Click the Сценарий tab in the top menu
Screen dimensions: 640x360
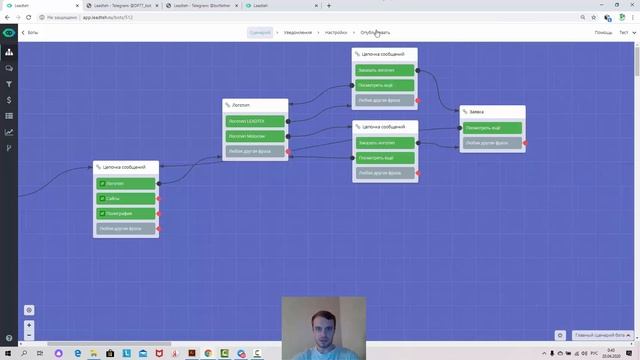tap(260, 32)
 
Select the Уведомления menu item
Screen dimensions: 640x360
tap(296, 32)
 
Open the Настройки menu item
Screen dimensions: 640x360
tap(335, 32)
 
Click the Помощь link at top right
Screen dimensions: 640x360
tap(603, 32)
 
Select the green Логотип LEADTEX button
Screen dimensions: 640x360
tap(255, 121)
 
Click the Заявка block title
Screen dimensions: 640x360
tap(492, 111)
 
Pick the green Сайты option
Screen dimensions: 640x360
tap(127, 198)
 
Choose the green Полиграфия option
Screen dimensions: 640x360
tap(127, 213)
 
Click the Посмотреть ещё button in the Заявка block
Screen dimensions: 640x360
tap(492, 128)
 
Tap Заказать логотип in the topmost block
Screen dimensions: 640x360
tap(384, 70)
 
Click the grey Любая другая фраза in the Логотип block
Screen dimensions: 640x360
tap(255, 152)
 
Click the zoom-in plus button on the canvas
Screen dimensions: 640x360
tap(29, 325)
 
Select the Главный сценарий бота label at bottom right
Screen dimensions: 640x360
tap(600, 335)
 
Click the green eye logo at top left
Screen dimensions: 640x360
tap(8, 32)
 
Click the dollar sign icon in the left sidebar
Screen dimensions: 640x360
tap(9, 100)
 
